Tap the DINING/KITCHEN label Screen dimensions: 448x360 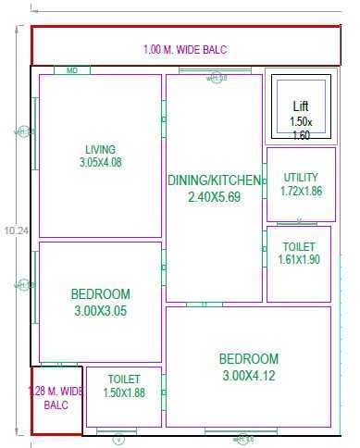click(x=213, y=180)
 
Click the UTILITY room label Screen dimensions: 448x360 click(x=300, y=177)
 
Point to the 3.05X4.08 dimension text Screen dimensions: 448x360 click(x=100, y=162)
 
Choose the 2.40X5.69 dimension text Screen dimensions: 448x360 click(x=214, y=196)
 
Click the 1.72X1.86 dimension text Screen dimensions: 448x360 click(x=300, y=191)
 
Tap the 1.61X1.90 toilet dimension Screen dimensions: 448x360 click(x=299, y=260)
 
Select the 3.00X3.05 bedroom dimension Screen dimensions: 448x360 click(x=100, y=311)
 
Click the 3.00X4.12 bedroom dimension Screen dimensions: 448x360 click(x=248, y=376)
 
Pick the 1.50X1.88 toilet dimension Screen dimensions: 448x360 click(x=123, y=392)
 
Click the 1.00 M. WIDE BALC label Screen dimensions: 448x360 click(x=185, y=49)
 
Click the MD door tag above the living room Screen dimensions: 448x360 click(x=71, y=69)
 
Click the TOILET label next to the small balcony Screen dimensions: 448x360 click(x=123, y=380)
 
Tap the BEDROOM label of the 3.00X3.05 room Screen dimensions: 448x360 click(x=100, y=294)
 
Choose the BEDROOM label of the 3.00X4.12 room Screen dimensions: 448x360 click(x=248, y=359)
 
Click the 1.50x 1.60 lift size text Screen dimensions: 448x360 click(x=301, y=128)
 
